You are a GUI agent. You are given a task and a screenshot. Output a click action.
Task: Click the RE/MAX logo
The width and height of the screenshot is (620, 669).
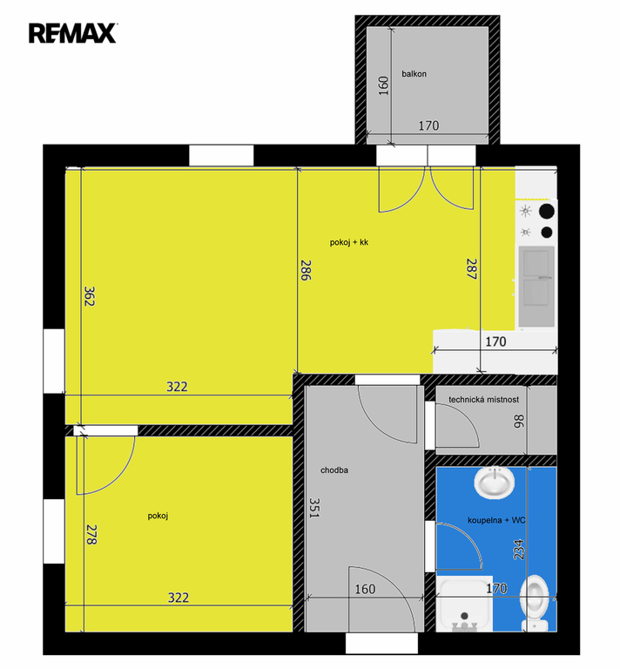click(73, 33)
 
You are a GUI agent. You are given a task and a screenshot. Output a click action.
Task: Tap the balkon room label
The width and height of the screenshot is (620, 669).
click(414, 74)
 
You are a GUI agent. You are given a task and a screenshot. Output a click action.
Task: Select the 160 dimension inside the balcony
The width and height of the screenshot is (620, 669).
click(384, 85)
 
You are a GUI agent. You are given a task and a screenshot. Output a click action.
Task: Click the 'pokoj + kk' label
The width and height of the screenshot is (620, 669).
click(349, 242)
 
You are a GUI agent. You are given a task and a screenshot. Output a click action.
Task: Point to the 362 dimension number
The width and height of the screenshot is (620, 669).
click(89, 296)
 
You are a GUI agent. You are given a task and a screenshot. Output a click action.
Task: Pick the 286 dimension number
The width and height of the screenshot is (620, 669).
click(306, 270)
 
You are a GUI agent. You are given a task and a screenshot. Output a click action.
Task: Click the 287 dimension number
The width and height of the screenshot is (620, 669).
click(471, 269)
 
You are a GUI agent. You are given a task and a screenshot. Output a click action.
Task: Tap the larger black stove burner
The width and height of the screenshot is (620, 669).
click(547, 211)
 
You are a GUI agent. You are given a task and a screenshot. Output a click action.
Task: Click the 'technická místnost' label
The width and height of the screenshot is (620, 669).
click(483, 400)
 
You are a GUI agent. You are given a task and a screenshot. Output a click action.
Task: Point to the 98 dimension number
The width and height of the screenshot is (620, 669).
click(519, 421)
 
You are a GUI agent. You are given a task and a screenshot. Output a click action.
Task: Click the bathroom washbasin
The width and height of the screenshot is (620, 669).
click(495, 483)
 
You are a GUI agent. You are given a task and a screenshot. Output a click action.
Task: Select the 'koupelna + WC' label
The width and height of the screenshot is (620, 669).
click(496, 521)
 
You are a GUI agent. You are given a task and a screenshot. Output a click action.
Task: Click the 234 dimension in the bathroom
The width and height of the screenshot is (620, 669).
click(518, 550)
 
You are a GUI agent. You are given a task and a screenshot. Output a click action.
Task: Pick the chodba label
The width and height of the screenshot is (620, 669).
click(334, 470)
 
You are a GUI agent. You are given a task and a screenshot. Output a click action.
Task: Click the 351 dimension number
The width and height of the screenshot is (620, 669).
click(314, 508)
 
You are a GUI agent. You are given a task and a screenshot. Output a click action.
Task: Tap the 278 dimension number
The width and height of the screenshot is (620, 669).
click(91, 535)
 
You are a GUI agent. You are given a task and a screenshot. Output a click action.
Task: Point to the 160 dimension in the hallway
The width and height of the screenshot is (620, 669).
click(365, 589)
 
